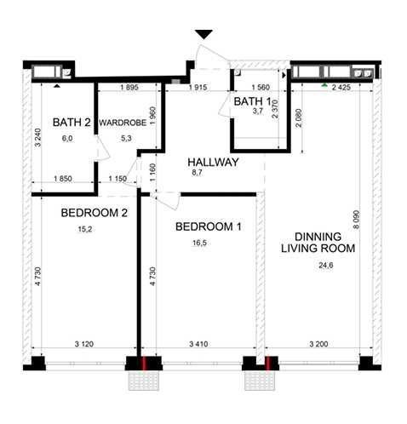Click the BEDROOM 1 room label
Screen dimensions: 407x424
209,226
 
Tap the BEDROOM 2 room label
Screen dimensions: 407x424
95,213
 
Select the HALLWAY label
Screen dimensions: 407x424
213,163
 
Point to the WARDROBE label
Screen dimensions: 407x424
123,123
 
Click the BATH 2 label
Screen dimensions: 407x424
72,123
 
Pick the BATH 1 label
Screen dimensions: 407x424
252,101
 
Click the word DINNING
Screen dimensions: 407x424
318,237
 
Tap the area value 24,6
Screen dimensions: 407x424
326,266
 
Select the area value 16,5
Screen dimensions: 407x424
199,243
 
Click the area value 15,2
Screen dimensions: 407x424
85,229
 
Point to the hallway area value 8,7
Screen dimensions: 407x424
197,172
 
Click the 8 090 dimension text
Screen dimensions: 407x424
356,220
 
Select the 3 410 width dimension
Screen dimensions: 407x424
198,344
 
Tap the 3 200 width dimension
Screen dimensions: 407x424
318,344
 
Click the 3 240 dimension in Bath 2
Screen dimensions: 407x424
37,138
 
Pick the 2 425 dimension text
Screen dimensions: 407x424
341,88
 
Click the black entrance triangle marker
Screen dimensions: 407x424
203,34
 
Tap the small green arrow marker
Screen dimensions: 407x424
324,85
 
